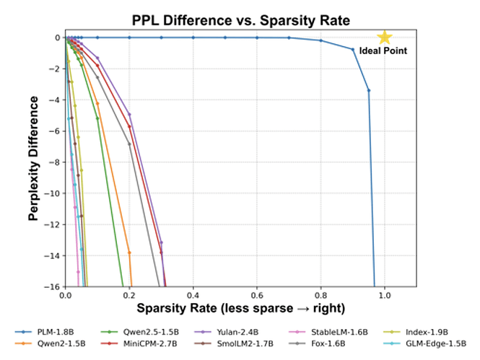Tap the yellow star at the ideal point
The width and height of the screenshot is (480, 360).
[385, 37]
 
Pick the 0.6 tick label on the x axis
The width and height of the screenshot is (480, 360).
[257, 296]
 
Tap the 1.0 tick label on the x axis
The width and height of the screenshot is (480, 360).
[385, 296]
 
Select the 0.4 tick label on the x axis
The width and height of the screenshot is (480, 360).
[193, 296]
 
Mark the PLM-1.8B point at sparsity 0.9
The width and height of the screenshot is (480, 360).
[353, 49]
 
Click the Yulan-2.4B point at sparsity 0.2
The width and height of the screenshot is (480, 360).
[130, 114]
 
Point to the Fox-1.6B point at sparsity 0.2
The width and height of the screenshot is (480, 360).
[130, 144]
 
